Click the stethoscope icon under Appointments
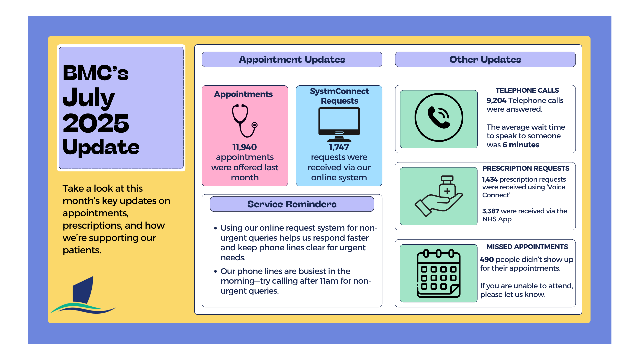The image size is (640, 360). (245, 121)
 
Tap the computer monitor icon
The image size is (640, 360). (339, 124)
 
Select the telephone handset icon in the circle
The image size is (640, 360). (439, 117)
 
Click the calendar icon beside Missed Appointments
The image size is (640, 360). (438, 273)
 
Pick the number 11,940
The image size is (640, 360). (244, 147)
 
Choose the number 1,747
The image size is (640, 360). (339, 147)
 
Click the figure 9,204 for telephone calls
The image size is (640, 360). (496, 100)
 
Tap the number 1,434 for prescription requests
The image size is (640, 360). (490, 179)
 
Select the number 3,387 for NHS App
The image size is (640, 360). (490, 211)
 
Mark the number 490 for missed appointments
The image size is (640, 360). (487, 259)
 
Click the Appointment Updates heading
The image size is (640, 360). (292, 59)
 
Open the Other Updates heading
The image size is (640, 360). (485, 59)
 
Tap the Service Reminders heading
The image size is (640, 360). (292, 204)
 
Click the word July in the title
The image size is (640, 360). (89, 97)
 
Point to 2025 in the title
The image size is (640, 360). (96, 123)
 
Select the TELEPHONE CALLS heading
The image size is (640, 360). (527, 90)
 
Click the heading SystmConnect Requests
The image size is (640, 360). (339, 96)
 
